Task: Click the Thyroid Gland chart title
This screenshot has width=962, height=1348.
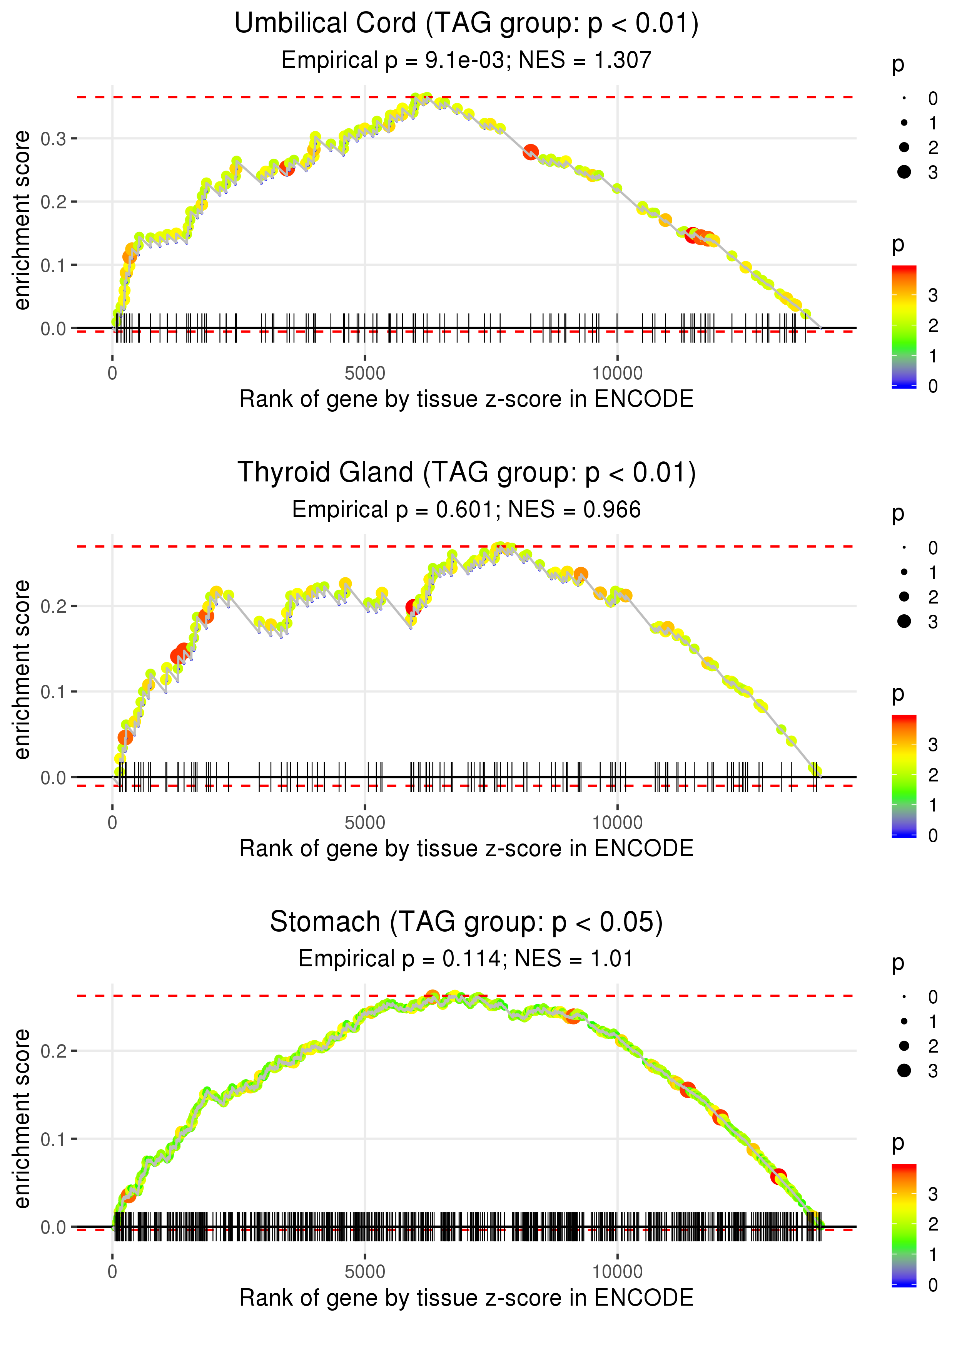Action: pyautogui.click(x=466, y=473)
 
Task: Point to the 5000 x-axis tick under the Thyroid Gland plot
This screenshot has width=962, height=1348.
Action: pyautogui.click(x=365, y=823)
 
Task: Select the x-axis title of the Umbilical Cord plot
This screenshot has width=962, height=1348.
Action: pyautogui.click(x=466, y=399)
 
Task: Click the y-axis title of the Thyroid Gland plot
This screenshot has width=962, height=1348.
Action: pyautogui.click(x=22, y=669)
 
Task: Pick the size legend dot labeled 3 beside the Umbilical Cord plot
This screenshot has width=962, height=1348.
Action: pyautogui.click(x=904, y=172)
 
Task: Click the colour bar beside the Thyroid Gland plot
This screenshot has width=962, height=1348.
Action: pyautogui.click(x=904, y=775)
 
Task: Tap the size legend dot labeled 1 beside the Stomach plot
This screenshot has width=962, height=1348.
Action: pyautogui.click(x=904, y=1021)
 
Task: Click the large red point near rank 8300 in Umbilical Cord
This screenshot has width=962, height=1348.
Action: pyautogui.click(x=531, y=153)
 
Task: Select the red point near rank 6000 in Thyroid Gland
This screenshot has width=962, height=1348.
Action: pyautogui.click(x=413, y=607)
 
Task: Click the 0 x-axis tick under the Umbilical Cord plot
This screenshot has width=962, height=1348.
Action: pyautogui.click(x=112, y=374)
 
